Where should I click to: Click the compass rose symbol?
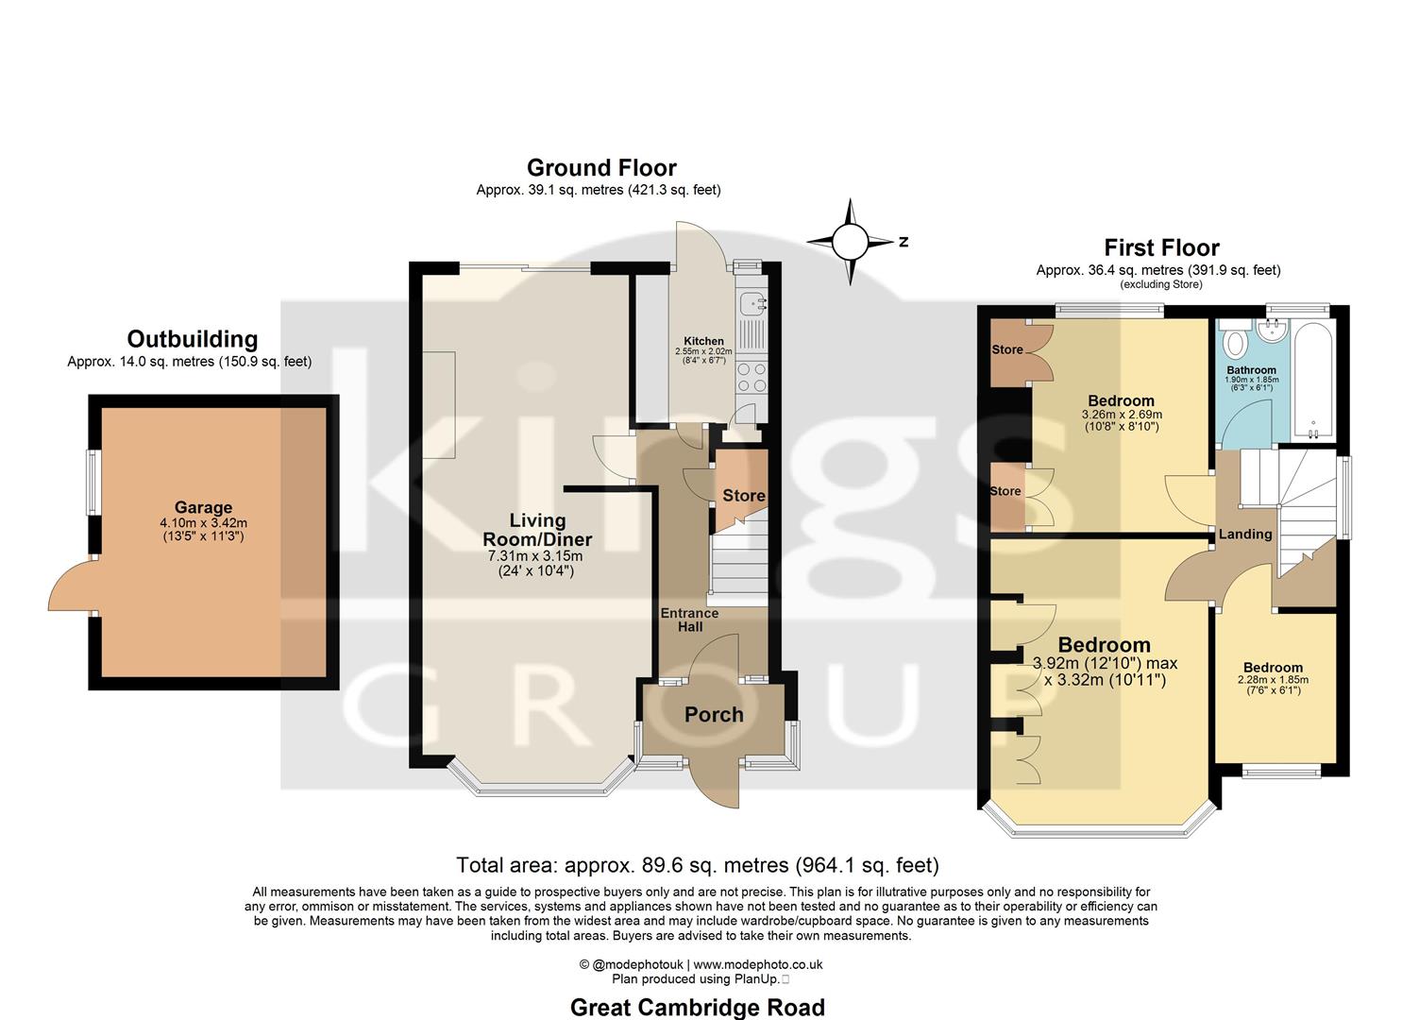coord(850,242)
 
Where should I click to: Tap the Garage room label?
coord(203,508)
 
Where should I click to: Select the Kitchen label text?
coord(703,341)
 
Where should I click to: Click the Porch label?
coord(714,715)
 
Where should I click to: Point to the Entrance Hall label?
coord(689,620)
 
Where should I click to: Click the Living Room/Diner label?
coord(537,530)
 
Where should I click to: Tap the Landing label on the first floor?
coord(1244,535)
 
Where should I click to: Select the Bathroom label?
coord(1251,370)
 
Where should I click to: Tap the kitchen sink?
coord(752,304)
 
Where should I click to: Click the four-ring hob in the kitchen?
coord(752,377)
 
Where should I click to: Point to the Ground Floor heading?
coord(601,168)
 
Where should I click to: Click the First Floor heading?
coord(1161,248)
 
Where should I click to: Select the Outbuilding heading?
coord(192,339)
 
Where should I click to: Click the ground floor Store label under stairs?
coord(743,496)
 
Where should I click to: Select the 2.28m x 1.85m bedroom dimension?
coord(1272,680)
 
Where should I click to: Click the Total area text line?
coord(697,865)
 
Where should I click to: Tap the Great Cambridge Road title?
coord(697,1008)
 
